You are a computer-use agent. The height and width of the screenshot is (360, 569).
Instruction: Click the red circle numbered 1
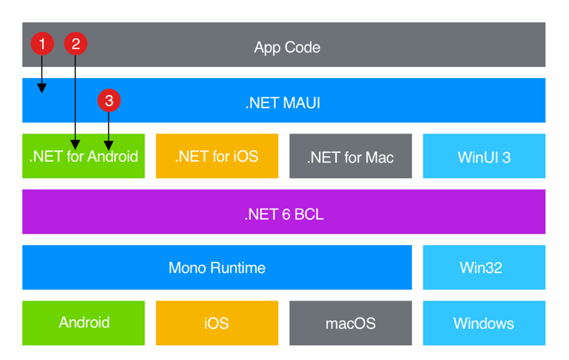[42, 44]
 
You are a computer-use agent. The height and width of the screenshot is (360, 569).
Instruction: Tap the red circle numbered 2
[75, 44]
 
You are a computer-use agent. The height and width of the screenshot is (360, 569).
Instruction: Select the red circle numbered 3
[109, 100]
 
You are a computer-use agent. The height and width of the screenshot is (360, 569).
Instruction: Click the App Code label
[287, 47]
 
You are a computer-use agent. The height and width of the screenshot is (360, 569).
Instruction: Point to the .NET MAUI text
[283, 102]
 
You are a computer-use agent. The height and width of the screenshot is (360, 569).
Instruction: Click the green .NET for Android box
[83, 156]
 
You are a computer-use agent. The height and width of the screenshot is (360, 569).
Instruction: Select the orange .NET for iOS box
[217, 156]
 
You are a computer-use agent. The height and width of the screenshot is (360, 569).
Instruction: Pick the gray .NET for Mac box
[350, 157]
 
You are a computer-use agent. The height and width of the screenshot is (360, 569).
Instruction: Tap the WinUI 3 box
[484, 157]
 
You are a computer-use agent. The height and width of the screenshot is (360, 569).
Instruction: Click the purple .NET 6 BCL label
[283, 215]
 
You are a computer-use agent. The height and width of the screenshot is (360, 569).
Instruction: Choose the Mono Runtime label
[217, 267]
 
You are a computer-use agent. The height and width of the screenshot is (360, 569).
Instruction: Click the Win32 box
[484, 267]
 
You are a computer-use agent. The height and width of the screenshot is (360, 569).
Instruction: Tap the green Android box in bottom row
[83, 323]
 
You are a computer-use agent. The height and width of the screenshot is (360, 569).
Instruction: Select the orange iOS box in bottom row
[217, 323]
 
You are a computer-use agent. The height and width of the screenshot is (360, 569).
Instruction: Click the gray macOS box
[350, 323]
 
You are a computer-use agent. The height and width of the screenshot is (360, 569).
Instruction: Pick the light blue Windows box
[484, 323]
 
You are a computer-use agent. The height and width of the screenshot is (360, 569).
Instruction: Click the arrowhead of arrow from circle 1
[42, 88]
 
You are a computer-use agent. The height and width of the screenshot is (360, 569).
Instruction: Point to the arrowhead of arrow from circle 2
[75, 144]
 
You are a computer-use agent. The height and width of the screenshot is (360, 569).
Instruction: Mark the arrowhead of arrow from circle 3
[109, 144]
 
